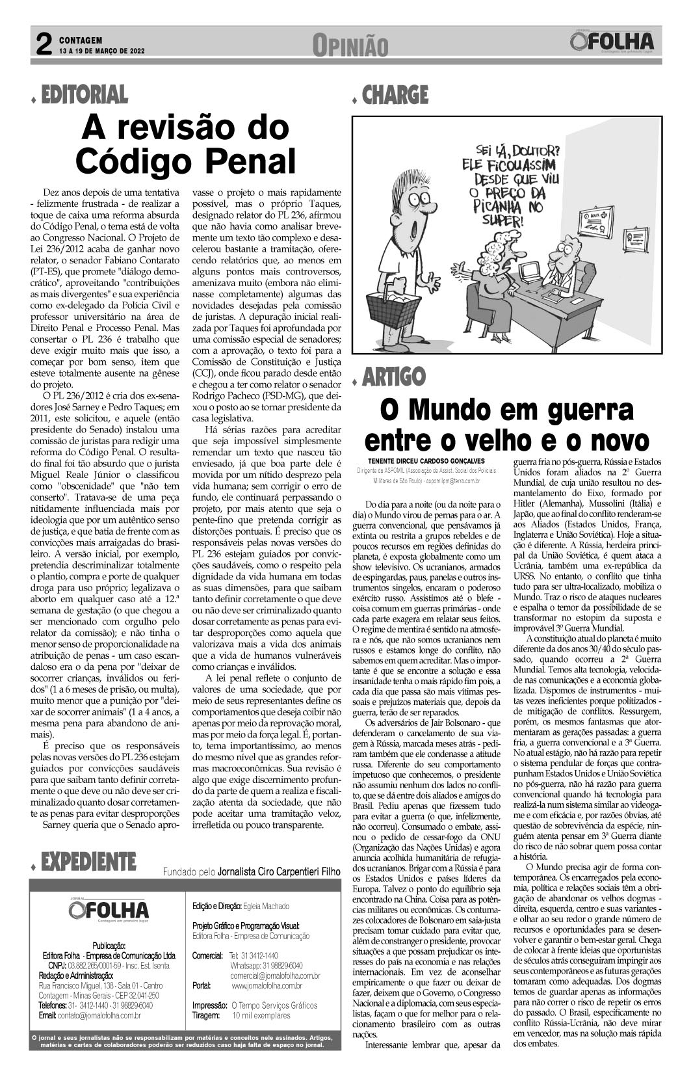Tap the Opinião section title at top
click(350, 46)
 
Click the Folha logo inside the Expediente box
click(109, 909)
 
